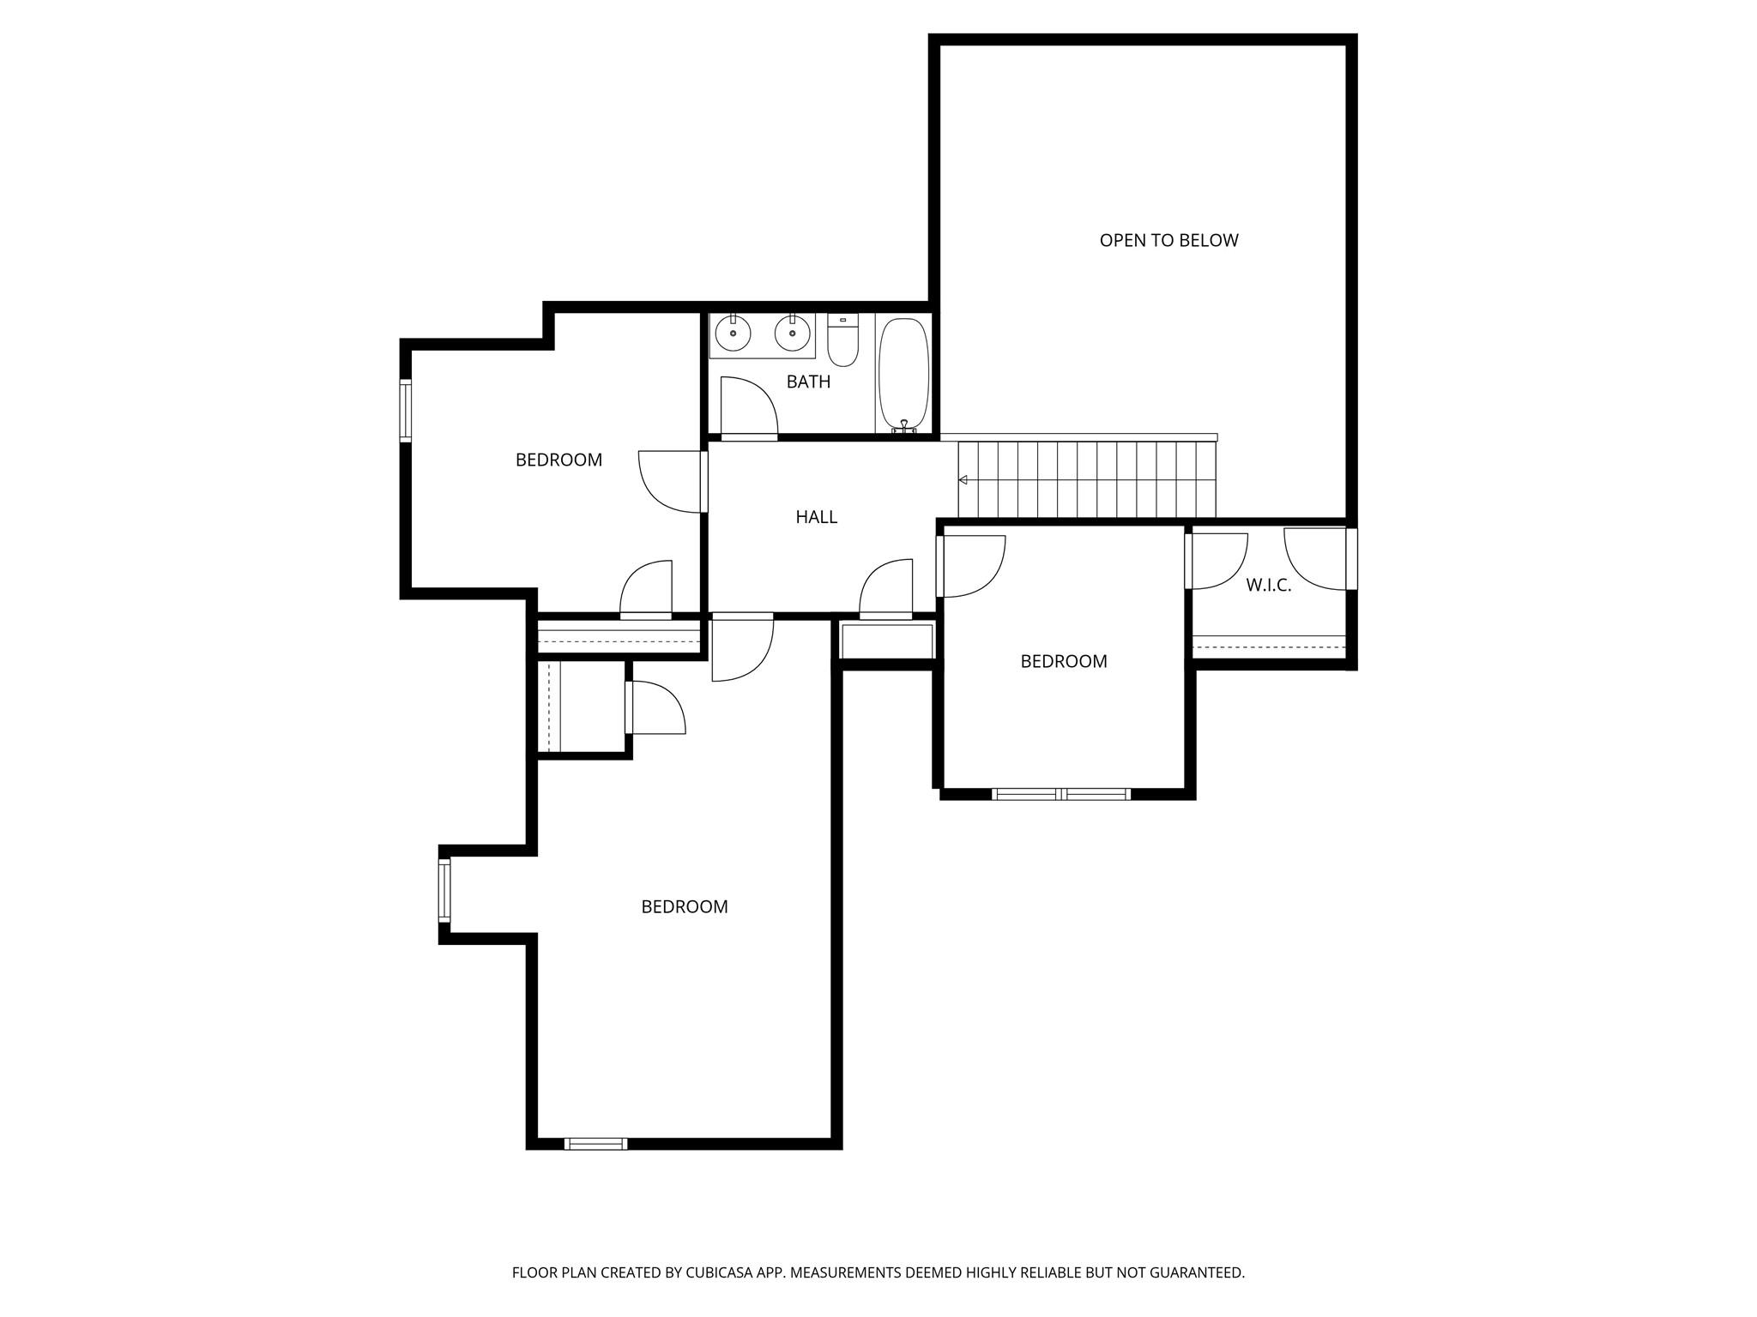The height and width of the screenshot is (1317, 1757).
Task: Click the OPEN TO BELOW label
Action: coord(1168,241)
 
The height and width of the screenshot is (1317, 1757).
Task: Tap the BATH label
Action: coord(808,382)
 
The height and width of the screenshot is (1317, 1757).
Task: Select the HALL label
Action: coord(816,517)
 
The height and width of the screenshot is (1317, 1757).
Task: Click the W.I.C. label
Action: coord(1268,586)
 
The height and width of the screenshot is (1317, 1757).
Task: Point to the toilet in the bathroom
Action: coord(842,340)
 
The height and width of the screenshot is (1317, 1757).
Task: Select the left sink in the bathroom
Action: coord(733,333)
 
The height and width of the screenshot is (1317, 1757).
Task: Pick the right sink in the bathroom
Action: coord(793,333)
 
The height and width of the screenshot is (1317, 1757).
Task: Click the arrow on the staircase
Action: coord(963,480)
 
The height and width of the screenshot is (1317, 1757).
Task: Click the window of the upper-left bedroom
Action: coord(406,410)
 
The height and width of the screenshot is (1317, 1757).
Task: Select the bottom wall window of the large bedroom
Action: coord(595,1143)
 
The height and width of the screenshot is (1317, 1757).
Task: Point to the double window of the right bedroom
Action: coord(1060,794)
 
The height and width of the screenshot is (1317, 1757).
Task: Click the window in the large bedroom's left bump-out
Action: coord(444,890)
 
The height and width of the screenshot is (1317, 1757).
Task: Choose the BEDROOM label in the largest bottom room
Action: coord(684,907)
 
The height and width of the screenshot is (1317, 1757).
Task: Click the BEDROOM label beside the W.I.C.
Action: coord(1063,662)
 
